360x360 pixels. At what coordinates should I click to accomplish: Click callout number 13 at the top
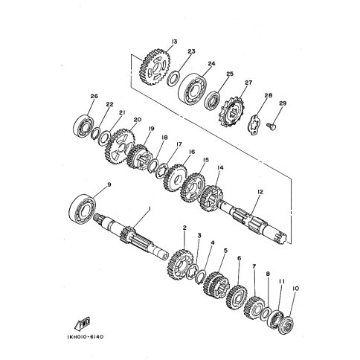click(x=174, y=42)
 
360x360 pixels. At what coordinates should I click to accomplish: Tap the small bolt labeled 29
click(x=271, y=126)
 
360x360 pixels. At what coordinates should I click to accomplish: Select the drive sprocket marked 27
click(x=232, y=112)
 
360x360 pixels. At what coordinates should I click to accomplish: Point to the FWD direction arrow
click(x=83, y=324)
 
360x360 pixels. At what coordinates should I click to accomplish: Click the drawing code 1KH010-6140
click(x=85, y=337)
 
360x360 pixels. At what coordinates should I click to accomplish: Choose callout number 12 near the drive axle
click(x=260, y=192)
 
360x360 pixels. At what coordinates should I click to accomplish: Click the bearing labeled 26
click(x=84, y=126)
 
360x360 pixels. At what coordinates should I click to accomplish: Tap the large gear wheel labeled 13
click(x=155, y=67)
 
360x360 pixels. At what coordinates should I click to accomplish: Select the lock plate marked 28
click(x=254, y=125)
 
